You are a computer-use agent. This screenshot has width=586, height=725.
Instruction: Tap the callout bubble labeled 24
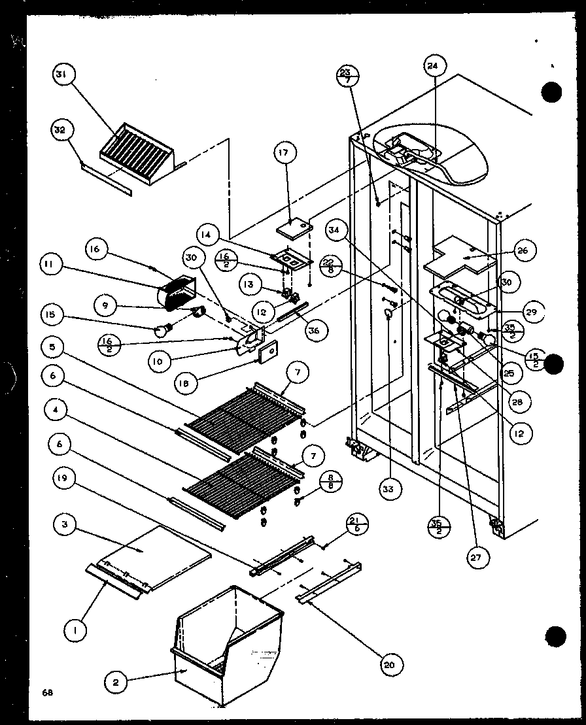click(433, 65)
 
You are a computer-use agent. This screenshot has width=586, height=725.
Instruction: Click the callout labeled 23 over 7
click(347, 76)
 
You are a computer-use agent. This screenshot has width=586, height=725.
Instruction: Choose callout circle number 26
click(525, 250)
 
